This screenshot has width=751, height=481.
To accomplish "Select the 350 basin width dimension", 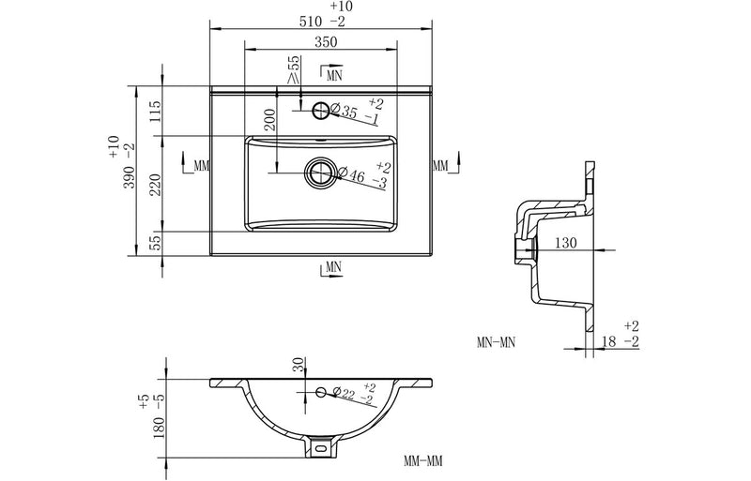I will [x=325, y=42].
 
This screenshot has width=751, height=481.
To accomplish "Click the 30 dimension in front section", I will [x=299, y=366].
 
